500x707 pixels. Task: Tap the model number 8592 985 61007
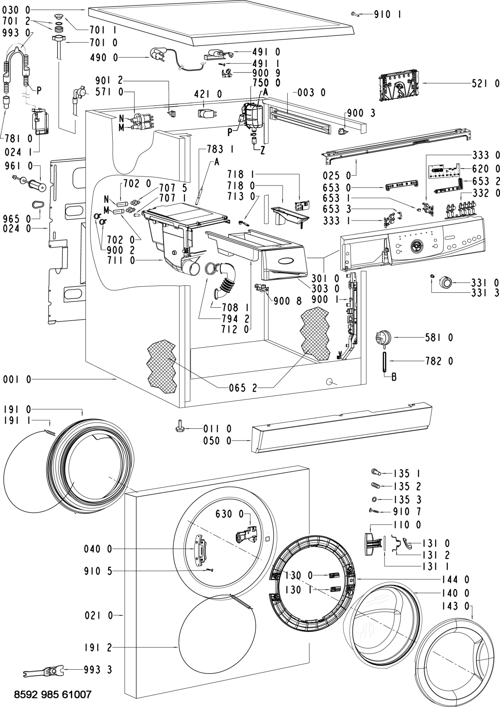53,694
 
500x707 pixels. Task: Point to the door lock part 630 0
246,536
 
